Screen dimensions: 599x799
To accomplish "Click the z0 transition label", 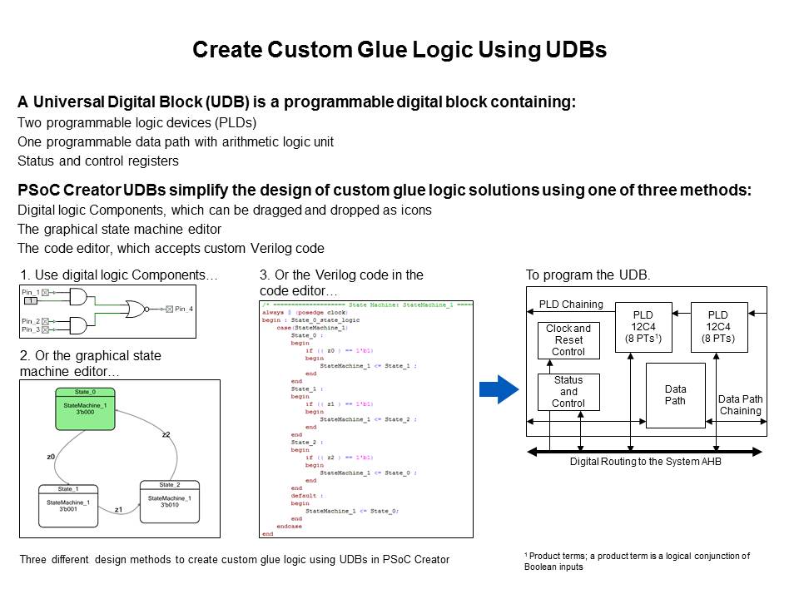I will pos(51,457).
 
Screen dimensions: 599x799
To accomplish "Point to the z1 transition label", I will pos(118,508).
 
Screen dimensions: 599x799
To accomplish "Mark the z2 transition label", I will pos(166,434).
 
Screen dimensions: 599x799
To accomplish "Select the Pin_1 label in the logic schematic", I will pos(31,292).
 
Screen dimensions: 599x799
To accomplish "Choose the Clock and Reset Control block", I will pos(568,340).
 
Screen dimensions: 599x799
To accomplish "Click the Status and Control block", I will pos(568,392).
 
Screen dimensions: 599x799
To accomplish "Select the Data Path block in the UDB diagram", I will pos(675,395).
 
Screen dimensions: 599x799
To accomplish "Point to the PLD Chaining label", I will pos(570,304).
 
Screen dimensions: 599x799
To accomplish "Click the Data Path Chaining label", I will pos(740,405).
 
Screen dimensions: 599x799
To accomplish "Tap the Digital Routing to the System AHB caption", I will pos(644,461).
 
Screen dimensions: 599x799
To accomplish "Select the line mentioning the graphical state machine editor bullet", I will pos(120,229).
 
